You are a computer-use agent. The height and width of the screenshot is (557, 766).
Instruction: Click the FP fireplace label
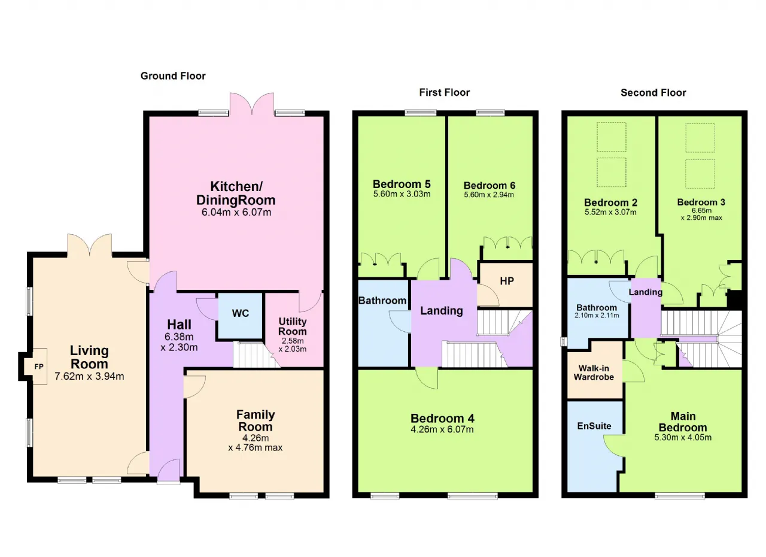click(x=39, y=367)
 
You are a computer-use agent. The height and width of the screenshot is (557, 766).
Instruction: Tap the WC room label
click(x=241, y=313)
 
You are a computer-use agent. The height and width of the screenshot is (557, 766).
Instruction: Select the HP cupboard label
click(x=507, y=281)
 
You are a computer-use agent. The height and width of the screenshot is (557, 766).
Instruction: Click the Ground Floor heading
click(x=173, y=76)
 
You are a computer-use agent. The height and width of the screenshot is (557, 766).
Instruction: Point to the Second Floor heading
click(x=653, y=93)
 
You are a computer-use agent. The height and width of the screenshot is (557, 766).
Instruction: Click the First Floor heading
click(x=445, y=92)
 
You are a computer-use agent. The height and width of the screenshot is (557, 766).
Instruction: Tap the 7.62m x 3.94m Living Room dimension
click(x=89, y=376)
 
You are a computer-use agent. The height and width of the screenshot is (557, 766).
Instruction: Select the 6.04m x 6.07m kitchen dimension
click(x=236, y=212)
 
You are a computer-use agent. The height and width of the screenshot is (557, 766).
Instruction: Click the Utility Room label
click(x=293, y=326)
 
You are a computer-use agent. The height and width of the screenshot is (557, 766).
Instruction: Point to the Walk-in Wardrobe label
click(x=594, y=373)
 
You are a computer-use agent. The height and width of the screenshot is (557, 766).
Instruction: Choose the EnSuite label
click(x=594, y=426)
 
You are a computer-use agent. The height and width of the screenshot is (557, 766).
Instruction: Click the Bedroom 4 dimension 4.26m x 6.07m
click(x=442, y=429)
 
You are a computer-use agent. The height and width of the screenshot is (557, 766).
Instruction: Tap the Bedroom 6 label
click(x=490, y=186)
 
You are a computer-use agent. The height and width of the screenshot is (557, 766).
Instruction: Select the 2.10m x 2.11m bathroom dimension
click(x=597, y=316)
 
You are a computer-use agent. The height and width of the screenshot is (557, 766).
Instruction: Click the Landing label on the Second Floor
click(x=646, y=292)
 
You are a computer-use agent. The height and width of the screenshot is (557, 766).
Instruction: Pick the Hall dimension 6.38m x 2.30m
click(x=179, y=342)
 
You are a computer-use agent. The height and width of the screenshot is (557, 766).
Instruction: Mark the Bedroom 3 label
click(x=701, y=202)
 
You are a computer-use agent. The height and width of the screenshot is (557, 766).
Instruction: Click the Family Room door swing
click(x=195, y=387)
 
